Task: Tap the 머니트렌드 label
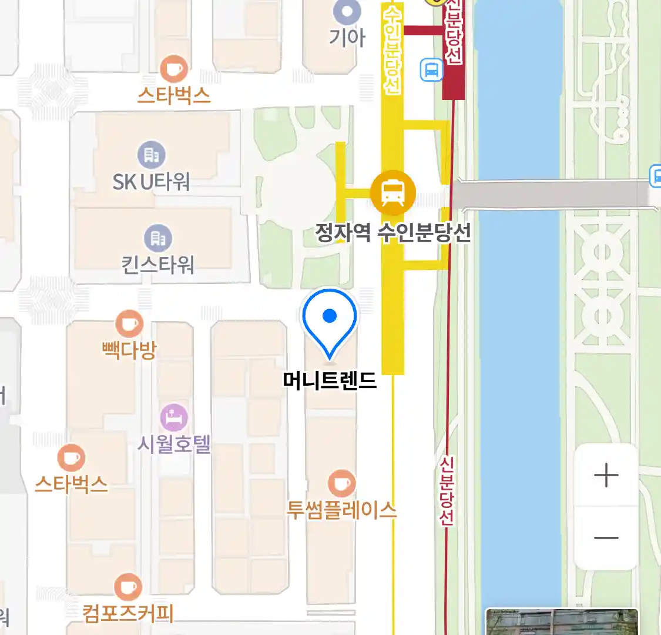[x=330, y=380]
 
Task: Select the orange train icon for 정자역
[x=392, y=192]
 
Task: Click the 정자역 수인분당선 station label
[x=393, y=233]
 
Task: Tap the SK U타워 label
[x=152, y=182]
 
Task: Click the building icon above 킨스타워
[x=158, y=238]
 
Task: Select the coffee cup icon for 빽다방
[x=129, y=324]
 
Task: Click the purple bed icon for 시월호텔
[x=174, y=418]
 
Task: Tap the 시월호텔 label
[x=174, y=443]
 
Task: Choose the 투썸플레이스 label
[x=341, y=509]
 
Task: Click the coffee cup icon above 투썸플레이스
[x=341, y=484]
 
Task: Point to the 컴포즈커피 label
[x=128, y=614]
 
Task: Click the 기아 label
[x=347, y=38]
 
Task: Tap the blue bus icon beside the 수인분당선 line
[x=431, y=70]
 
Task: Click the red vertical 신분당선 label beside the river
[x=447, y=492]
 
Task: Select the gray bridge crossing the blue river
[x=552, y=195]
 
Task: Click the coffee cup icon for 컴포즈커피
[x=127, y=586]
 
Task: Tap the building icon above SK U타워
[x=152, y=155]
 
